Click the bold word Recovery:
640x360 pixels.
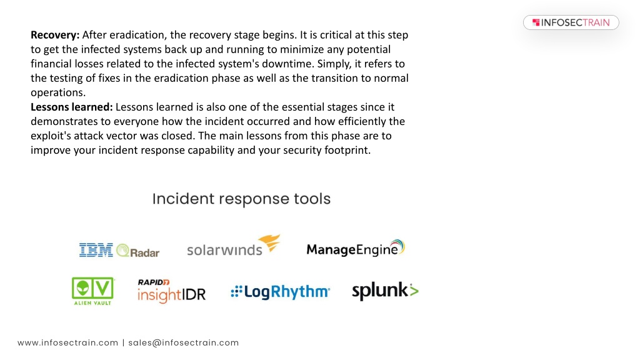click(x=55, y=35)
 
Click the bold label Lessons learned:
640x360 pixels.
click(x=71, y=107)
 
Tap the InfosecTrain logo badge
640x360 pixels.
click(x=571, y=22)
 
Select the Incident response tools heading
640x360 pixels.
click(x=241, y=199)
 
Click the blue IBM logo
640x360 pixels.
click(x=96, y=250)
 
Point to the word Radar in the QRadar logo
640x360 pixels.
click(x=144, y=252)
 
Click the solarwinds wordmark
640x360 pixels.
click(x=224, y=249)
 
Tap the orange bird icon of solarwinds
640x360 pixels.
click(x=269, y=243)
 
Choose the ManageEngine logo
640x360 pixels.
click(x=356, y=248)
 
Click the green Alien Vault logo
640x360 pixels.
click(x=93, y=291)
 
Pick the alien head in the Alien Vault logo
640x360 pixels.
click(x=83, y=288)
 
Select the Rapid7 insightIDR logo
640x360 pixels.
click(x=171, y=291)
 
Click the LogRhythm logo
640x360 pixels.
click(x=281, y=291)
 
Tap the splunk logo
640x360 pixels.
click(x=385, y=291)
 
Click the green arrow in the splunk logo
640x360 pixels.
click(x=414, y=290)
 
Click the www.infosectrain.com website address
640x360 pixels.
click(x=67, y=343)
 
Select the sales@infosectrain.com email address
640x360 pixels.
click(x=184, y=343)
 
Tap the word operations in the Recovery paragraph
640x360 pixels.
click(x=57, y=92)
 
